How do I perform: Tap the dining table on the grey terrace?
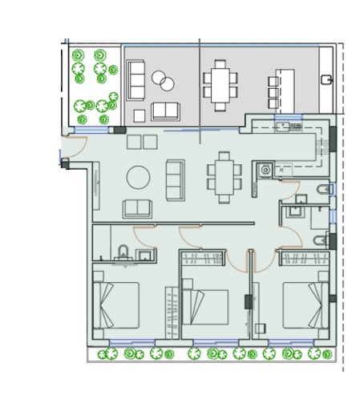pyautogui.click(x=219, y=84)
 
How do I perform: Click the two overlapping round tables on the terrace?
pyautogui.click(x=163, y=82)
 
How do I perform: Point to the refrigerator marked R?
pyautogui.click(x=281, y=170)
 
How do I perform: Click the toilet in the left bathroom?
pyautogui.click(x=123, y=254)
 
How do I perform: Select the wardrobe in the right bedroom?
pyautogui.click(x=302, y=258)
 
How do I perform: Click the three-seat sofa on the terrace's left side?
pyautogui.click(x=136, y=80)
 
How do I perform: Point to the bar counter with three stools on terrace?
pyautogui.click(x=278, y=87)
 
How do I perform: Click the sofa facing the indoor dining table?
pyautogui.click(x=175, y=179)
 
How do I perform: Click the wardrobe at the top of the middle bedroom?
pyautogui.click(x=203, y=258)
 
